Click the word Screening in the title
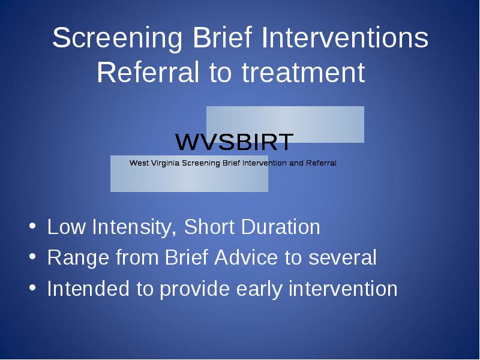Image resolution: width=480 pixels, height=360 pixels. pyautogui.click(x=117, y=38)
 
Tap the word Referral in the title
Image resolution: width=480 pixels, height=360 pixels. pyautogui.click(x=148, y=72)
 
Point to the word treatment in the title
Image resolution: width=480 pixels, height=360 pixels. pyautogui.click(x=303, y=73)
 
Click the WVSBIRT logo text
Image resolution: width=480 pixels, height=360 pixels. pyautogui.click(x=235, y=142)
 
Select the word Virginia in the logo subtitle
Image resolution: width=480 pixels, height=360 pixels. pyautogui.click(x=166, y=163)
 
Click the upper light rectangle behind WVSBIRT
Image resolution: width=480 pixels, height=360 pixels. pyautogui.click(x=285, y=124)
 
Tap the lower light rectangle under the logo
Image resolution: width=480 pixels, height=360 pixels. pyautogui.click(x=189, y=173)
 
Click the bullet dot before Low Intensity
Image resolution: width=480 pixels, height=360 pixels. pyautogui.click(x=32, y=226)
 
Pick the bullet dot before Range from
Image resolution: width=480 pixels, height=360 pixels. pyautogui.click(x=32, y=257)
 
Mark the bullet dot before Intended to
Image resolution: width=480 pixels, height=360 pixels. pyautogui.click(x=32, y=288)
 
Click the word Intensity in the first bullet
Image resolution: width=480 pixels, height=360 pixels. pyautogui.click(x=134, y=227)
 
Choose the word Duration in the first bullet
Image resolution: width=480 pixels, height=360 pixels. pyautogui.click(x=280, y=227)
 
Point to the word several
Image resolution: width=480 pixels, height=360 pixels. pyautogui.click(x=342, y=257)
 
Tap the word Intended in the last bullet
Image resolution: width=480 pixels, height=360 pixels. pyautogui.click(x=88, y=289)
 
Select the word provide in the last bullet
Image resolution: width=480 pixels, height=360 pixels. pyautogui.click(x=194, y=289)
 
